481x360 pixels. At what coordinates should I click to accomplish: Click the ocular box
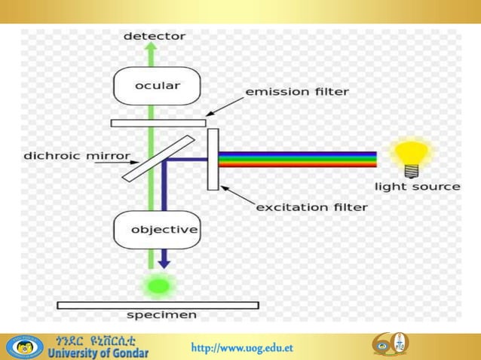(x=157, y=87)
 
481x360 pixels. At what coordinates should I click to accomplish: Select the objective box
(x=156, y=229)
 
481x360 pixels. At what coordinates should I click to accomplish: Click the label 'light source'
(x=417, y=186)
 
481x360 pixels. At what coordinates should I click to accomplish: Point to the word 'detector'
(x=154, y=35)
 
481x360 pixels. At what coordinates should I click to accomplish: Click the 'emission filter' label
(x=297, y=93)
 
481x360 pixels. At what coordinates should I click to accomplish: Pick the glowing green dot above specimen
(x=158, y=285)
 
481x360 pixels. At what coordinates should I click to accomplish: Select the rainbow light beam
(x=298, y=159)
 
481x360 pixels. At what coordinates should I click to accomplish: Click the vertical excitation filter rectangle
(x=213, y=159)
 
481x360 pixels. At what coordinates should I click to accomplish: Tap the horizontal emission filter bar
(x=158, y=122)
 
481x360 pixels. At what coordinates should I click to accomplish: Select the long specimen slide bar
(x=158, y=304)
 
